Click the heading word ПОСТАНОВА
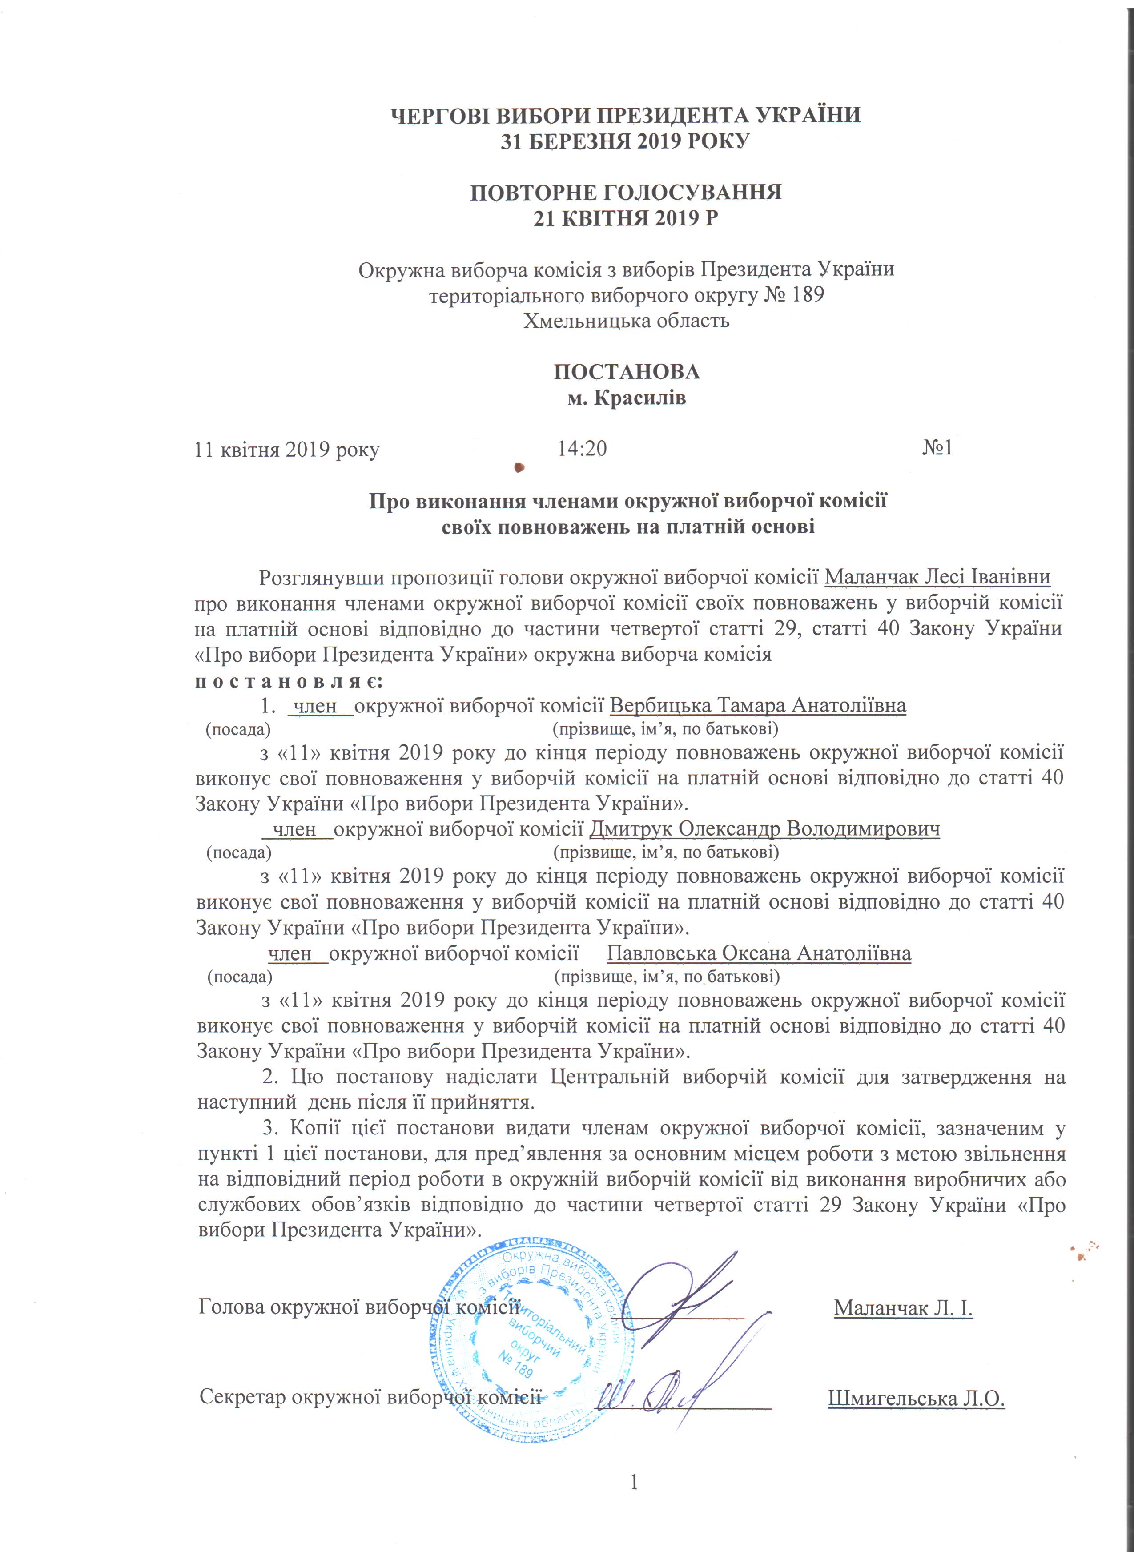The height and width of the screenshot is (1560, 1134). (x=627, y=372)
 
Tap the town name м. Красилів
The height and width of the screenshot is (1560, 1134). (x=627, y=398)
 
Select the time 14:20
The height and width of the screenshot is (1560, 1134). (x=582, y=449)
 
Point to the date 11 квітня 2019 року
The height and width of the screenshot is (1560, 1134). (x=287, y=450)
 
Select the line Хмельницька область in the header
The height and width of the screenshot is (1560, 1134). (x=627, y=321)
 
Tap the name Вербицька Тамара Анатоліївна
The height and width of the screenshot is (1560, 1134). (x=758, y=706)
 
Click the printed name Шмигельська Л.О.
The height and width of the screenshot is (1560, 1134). (x=917, y=1399)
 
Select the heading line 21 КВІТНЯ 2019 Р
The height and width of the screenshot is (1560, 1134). (x=627, y=219)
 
